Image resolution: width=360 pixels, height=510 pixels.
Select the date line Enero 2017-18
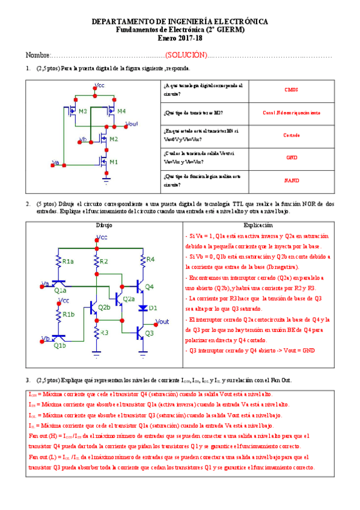[x=180, y=37]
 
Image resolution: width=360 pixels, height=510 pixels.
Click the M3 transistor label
[x=82, y=112]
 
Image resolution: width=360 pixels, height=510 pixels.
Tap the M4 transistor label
[x=121, y=112]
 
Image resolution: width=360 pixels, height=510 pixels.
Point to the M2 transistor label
[x=113, y=140]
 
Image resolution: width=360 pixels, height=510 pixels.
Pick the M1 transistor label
[x=113, y=162]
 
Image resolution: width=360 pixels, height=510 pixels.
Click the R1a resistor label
[x=69, y=262]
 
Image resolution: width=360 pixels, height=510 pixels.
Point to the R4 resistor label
[x=150, y=259]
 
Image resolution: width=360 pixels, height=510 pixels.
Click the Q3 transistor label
[x=150, y=333]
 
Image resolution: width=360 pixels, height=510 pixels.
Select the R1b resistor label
[x=69, y=315]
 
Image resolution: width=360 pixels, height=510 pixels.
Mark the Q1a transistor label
[x=60, y=290]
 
